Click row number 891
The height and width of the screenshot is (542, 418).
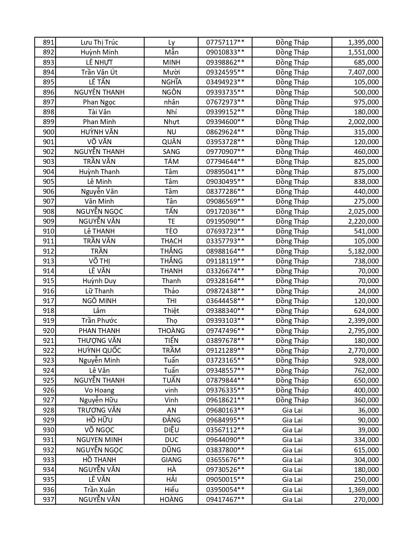(x=48, y=42)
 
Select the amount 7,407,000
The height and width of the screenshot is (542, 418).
(x=363, y=72)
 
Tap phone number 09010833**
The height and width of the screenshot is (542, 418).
(x=225, y=52)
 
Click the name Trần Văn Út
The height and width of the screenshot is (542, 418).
(x=99, y=72)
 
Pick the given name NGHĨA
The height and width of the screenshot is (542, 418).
(x=171, y=82)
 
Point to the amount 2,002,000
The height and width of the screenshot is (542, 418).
(x=363, y=122)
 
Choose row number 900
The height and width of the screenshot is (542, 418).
(x=48, y=132)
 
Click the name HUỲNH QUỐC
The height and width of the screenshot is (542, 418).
(x=99, y=350)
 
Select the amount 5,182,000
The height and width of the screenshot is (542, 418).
(x=363, y=251)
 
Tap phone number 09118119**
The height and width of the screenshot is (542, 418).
(x=225, y=261)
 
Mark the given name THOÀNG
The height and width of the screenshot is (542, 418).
(x=171, y=331)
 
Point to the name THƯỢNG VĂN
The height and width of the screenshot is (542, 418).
(x=99, y=341)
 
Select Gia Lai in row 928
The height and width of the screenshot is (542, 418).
(x=292, y=410)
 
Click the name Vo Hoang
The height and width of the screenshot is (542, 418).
(x=99, y=390)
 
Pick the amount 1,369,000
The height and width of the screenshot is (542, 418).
(x=363, y=490)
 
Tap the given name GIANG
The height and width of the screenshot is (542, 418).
(x=171, y=460)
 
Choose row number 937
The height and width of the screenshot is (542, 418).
(x=48, y=500)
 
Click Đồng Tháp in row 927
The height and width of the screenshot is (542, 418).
(x=292, y=400)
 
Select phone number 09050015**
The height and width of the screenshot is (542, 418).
(x=225, y=480)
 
